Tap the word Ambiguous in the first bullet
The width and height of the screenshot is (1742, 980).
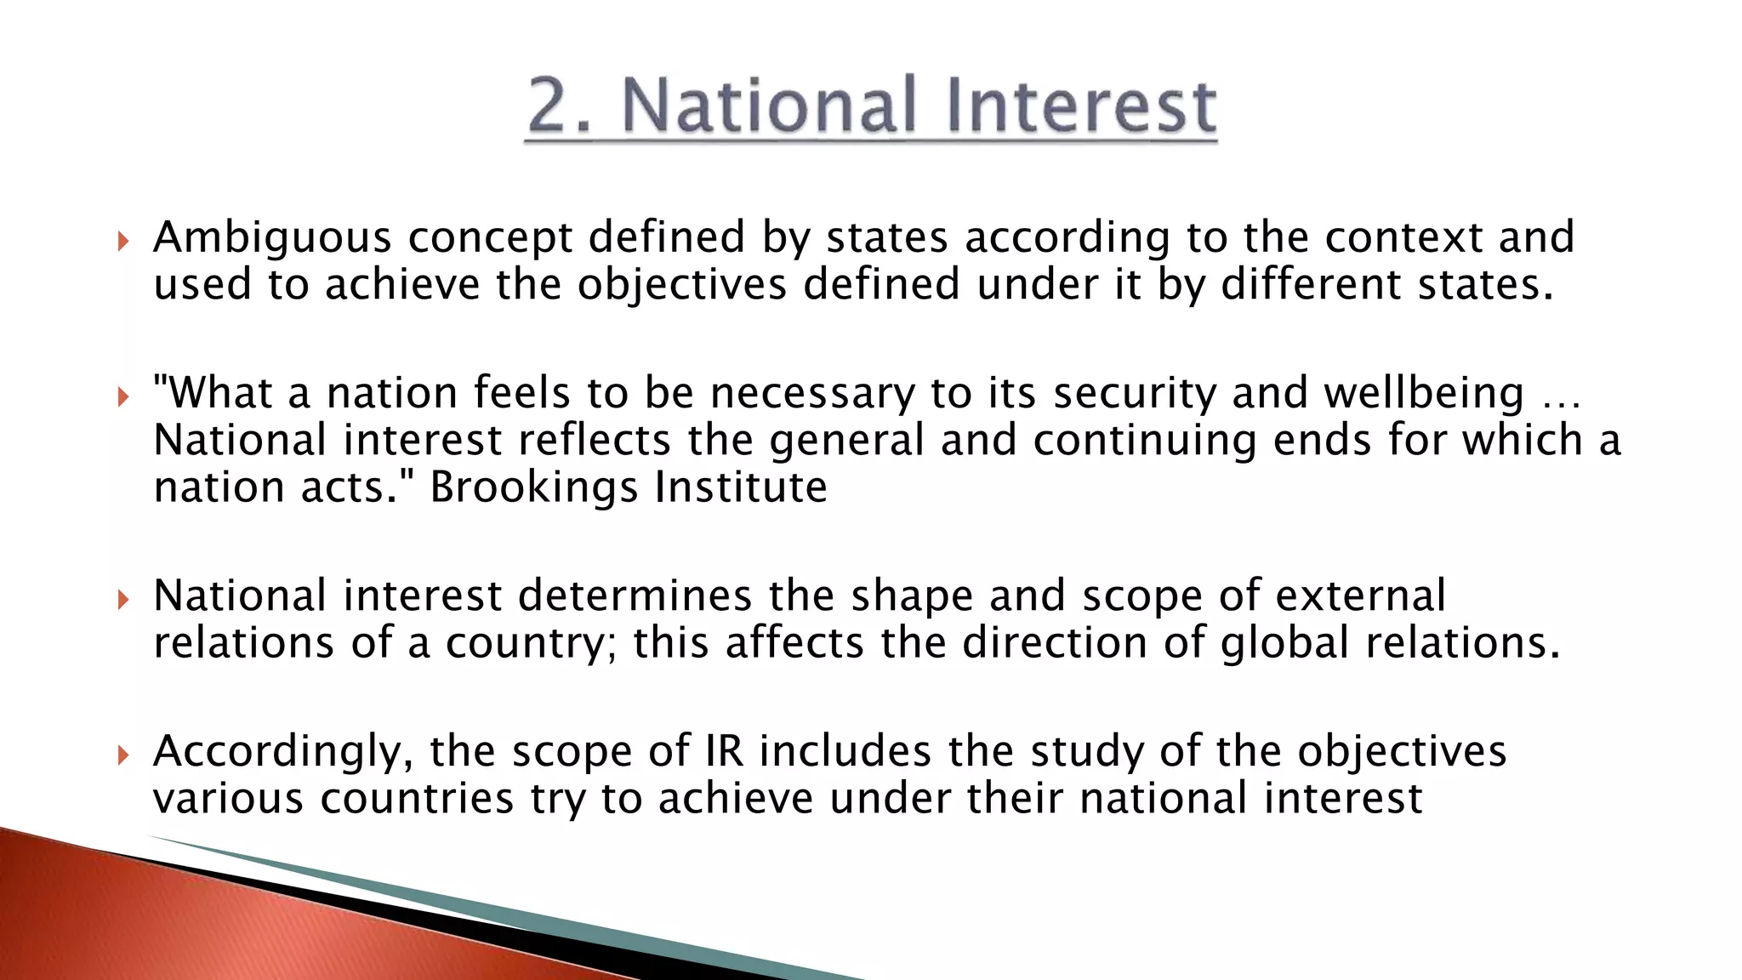pyautogui.click(x=272, y=237)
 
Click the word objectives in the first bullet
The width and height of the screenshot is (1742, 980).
pyautogui.click(x=682, y=284)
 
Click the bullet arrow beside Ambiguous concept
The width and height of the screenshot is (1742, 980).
pyautogui.click(x=123, y=242)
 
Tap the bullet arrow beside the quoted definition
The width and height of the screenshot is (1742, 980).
pyautogui.click(x=123, y=396)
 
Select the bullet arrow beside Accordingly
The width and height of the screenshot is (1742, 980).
pyautogui.click(x=123, y=755)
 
